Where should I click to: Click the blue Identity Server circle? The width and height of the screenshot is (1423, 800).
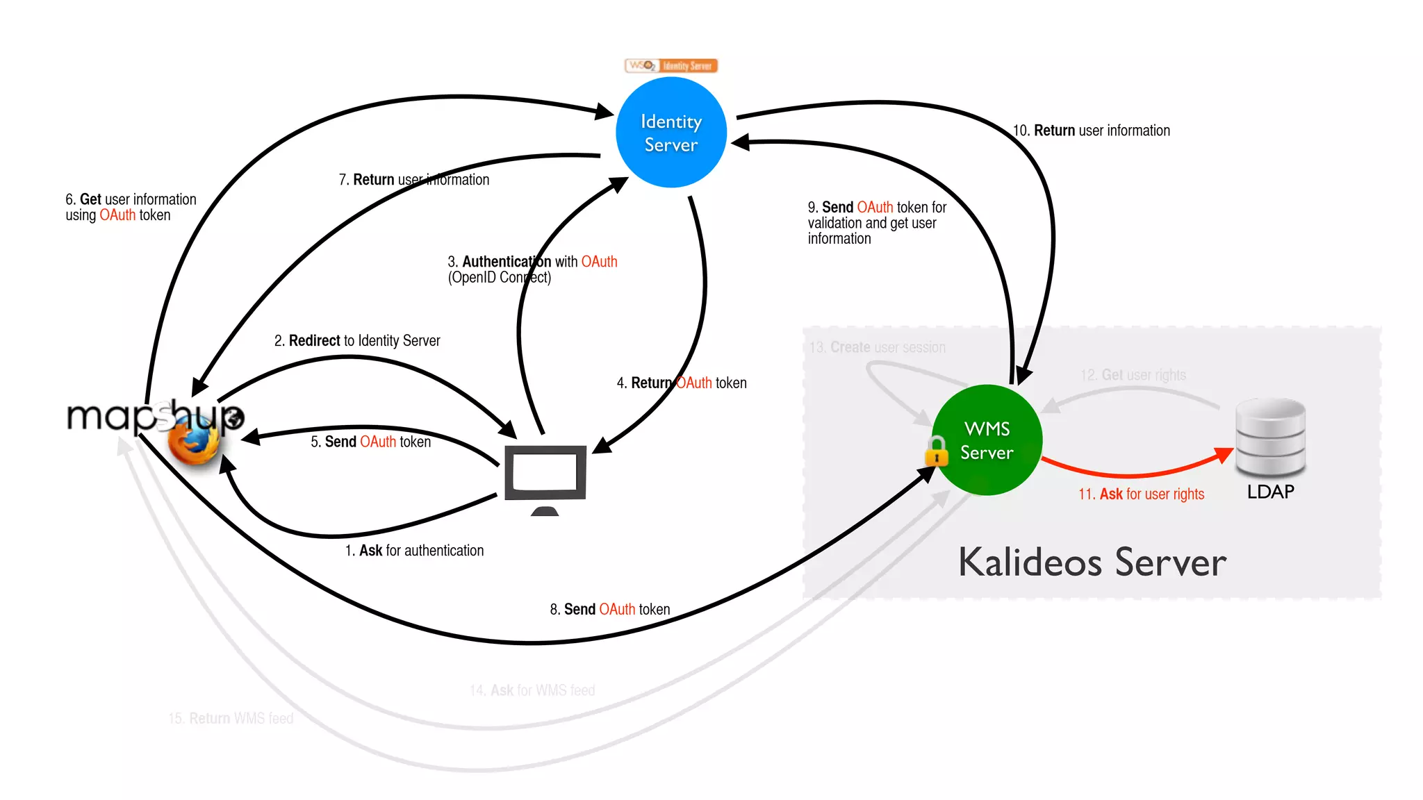671,133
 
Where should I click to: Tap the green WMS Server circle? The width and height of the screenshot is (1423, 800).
987,440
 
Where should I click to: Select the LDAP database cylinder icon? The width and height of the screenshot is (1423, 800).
1270,437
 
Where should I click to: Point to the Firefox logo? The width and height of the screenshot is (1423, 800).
193,442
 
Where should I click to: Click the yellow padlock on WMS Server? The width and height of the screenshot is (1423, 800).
937,451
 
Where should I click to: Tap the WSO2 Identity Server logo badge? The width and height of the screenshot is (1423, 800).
671,66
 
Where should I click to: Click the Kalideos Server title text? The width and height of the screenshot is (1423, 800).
1092,562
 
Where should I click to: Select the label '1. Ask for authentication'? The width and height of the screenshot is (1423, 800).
414,551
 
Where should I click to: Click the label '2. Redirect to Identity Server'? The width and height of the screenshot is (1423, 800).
357,340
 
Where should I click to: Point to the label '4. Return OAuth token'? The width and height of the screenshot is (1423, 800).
682,383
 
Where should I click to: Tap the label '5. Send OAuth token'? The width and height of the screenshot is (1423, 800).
370,442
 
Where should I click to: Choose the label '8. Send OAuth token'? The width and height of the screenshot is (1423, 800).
610,609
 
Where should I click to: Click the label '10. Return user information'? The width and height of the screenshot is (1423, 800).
1091,131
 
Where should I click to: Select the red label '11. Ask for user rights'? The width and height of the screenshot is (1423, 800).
1141,494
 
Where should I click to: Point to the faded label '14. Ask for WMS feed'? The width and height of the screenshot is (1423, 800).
532,690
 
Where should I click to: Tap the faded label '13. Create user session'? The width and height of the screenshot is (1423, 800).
877,347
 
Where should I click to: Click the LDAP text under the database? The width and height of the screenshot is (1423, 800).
1270,492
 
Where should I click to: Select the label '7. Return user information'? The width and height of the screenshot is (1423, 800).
413,180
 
